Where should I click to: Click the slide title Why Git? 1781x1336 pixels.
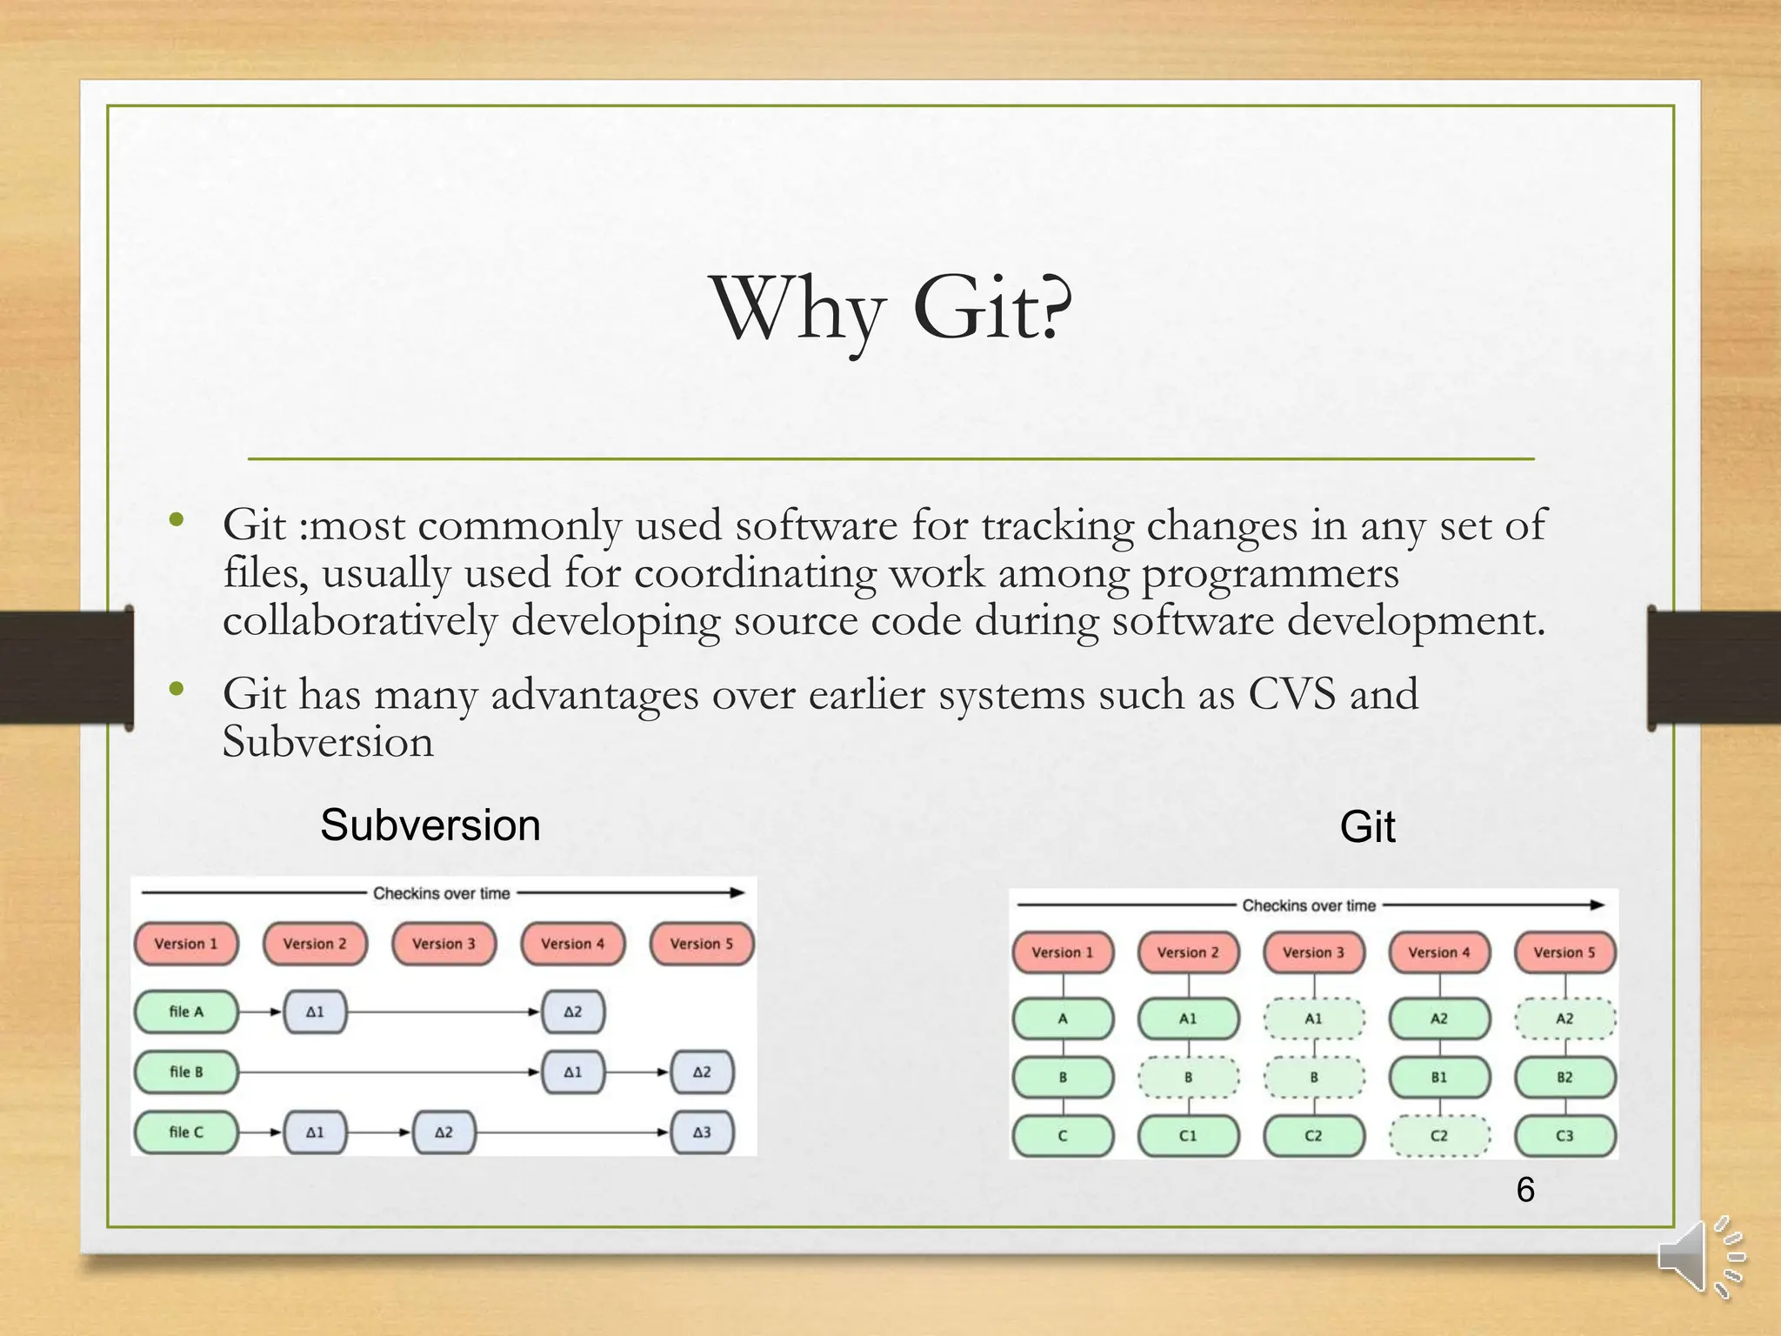tap(891, 309)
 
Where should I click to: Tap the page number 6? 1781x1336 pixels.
tap(1525, 1190)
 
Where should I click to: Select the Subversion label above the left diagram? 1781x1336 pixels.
tap(430, 825)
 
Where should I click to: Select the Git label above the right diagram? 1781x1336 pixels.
tap(1367, 826)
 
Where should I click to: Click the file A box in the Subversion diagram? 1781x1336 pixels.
tap(186, 1012)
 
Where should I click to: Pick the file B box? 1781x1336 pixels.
tap(186, 1072)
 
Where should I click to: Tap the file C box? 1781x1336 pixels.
tap(186, 1132)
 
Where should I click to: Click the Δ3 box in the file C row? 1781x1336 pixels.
tap(702, 1132)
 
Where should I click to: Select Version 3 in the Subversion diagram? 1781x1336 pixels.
tap(444, 944)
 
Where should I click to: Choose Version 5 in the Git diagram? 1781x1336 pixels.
tap(1564, 952)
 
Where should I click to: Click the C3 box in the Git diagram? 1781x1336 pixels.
tap(1564, 1136)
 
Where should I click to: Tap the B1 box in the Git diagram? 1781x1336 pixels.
tap(1439, 1077)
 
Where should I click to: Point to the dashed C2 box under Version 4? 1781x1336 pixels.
tap(1439, 1136)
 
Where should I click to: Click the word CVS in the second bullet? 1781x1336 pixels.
tap(1291, 694)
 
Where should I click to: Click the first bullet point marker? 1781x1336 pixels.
tap(177, 520)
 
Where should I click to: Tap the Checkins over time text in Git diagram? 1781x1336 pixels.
tap(1309, 905)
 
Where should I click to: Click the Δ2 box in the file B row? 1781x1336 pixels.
tap(702, 1072)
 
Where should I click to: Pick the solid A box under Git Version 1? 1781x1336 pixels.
tap(1063, 1019)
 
